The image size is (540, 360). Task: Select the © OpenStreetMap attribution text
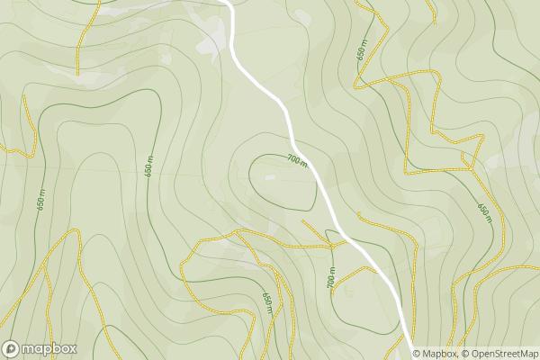(497, 354)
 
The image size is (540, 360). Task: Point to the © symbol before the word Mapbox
(417, 354)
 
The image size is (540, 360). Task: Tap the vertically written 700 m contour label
(331, 278)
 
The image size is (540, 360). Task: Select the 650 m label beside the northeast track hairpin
(362, 52)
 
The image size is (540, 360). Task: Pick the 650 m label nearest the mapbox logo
(41, 200)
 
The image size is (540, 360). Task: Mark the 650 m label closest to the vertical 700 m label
(267, 298)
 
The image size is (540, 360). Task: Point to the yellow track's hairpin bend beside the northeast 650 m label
(356, 86)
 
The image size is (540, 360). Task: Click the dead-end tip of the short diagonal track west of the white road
(302, 220)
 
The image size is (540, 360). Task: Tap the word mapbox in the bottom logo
(49, 349)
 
